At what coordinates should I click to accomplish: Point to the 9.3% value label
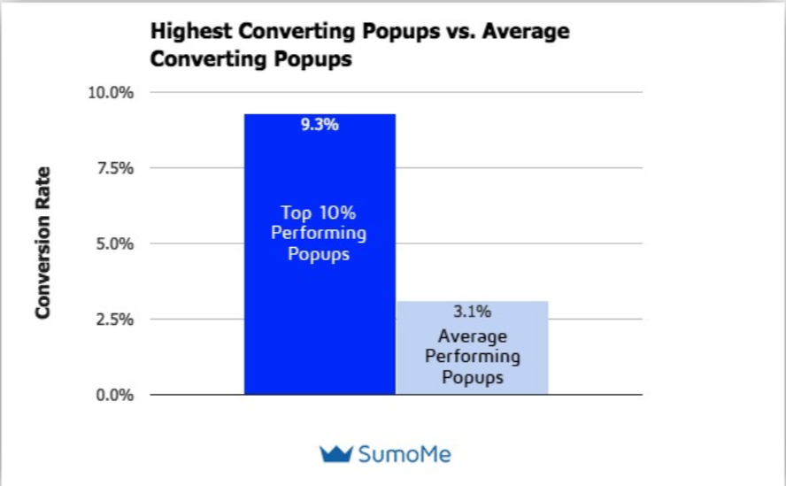pyautogui.click(x=320, y=125)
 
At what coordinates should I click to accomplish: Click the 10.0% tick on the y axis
pyautogui.click(x=110, y=93)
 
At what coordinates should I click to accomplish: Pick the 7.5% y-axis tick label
pyautogui.click(x=113, y=168)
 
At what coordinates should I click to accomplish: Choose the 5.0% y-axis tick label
pyautogui.click(x=113, y=243)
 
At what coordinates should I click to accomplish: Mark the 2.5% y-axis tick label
pyautogui.click(x=113, y=320)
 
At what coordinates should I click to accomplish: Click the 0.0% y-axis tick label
pyautogui.click(x=113, y=395)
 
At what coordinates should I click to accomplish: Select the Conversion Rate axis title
pyautogui.click(x=42, y=243)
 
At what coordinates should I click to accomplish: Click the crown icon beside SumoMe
pyautogui.click(x=335, y=454)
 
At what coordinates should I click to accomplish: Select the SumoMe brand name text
pyautogui.click(x=405, y=455)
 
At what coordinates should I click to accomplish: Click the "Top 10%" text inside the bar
pyautogui.click(x=319, y=213)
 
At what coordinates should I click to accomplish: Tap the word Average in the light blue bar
pyautogui.click(x=472, y=337)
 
